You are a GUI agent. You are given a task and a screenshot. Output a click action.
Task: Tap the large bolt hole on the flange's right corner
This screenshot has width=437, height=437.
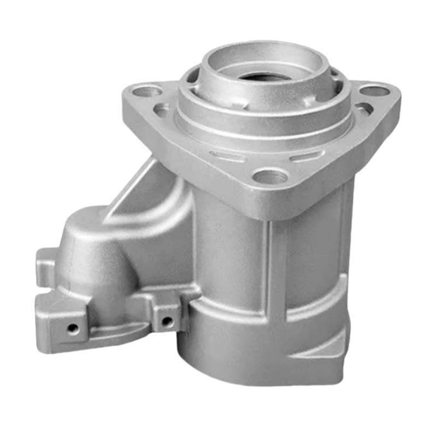(x=375, y=91)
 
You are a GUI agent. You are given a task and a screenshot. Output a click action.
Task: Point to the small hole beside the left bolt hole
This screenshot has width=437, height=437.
(x=162, y=110)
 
